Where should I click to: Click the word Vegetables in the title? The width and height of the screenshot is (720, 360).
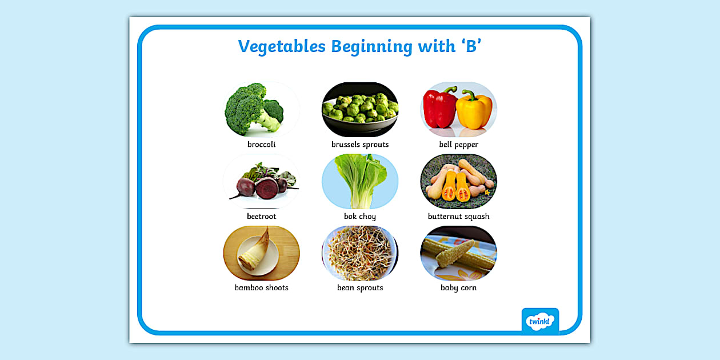coord(282,47)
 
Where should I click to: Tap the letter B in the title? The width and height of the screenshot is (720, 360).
coord(471,46)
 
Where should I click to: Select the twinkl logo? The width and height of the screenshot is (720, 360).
coord(540,321)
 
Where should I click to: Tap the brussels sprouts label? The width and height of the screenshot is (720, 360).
coord(360,145)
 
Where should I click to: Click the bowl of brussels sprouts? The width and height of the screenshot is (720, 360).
coord(360,110)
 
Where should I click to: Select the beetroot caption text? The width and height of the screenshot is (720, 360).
coord(261,217)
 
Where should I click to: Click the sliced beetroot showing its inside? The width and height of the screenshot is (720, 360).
coord(267,188)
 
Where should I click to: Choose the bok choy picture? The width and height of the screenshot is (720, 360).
coord(360,181)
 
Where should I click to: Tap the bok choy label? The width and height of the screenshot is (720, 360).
coord(360,217)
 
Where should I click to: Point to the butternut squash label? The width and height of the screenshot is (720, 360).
coord(459,217)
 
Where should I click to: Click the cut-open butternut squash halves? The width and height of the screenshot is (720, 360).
coord(456,186)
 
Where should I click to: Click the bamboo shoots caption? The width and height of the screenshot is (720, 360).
coord(261,287)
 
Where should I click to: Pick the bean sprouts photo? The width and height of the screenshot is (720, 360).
coord(360,253)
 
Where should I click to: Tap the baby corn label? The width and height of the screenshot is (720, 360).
coord(459,288)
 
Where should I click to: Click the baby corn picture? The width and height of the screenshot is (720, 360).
coord(459,253)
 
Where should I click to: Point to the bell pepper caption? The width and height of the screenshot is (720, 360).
coord(459,145)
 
